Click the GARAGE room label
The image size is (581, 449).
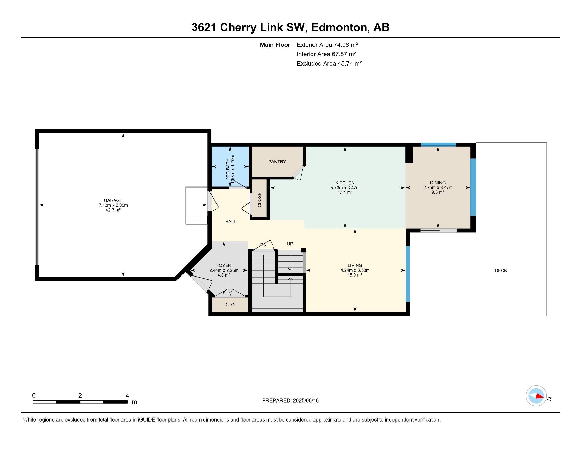click(113, 200)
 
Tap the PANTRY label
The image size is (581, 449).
click(277, 162)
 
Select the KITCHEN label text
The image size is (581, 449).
click(345, 183)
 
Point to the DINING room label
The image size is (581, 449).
click(438, 183)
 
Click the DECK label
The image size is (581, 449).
click(501, 270)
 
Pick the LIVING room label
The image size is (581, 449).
click(355, 265)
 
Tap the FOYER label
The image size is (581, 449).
click(223, 265)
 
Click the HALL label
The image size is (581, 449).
click(230, 222)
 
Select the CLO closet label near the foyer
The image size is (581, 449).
click(230, 305)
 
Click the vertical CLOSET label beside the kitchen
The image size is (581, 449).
click(259, 198)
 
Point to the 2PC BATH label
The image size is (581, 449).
click(228, 169)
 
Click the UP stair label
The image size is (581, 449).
click(290, 244)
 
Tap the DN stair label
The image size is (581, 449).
click(263, 245)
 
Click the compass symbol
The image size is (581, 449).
click(536, 396)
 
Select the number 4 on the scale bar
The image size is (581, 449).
click(127, 396)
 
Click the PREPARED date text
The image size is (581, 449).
click(290, 400)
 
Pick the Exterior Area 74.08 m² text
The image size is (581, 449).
click(327, 45)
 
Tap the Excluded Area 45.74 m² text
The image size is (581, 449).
click(329, 63)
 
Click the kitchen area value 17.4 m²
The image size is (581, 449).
click(345, 192)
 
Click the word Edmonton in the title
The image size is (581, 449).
click(339, 27)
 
